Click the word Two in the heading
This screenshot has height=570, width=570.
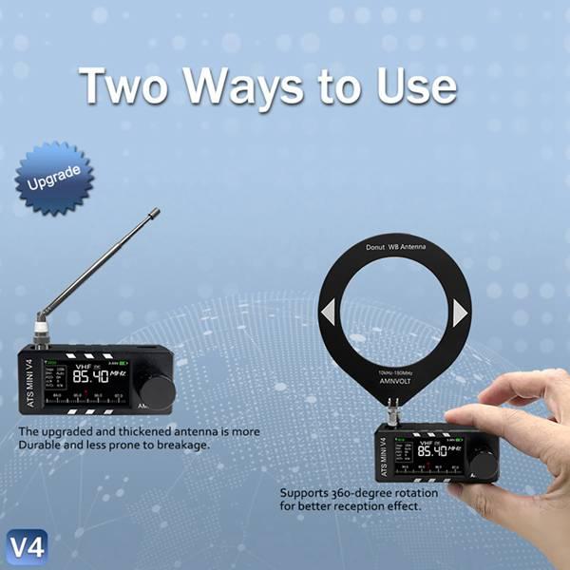coord(127,85)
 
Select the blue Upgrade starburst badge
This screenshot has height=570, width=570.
coord(55,178)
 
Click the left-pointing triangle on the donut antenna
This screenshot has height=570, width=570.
coord(328,313)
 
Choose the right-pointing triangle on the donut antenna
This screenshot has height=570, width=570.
coord(460,313)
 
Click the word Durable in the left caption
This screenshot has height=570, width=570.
coord(42,445)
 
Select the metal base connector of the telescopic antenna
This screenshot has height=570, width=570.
coord(42,334)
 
